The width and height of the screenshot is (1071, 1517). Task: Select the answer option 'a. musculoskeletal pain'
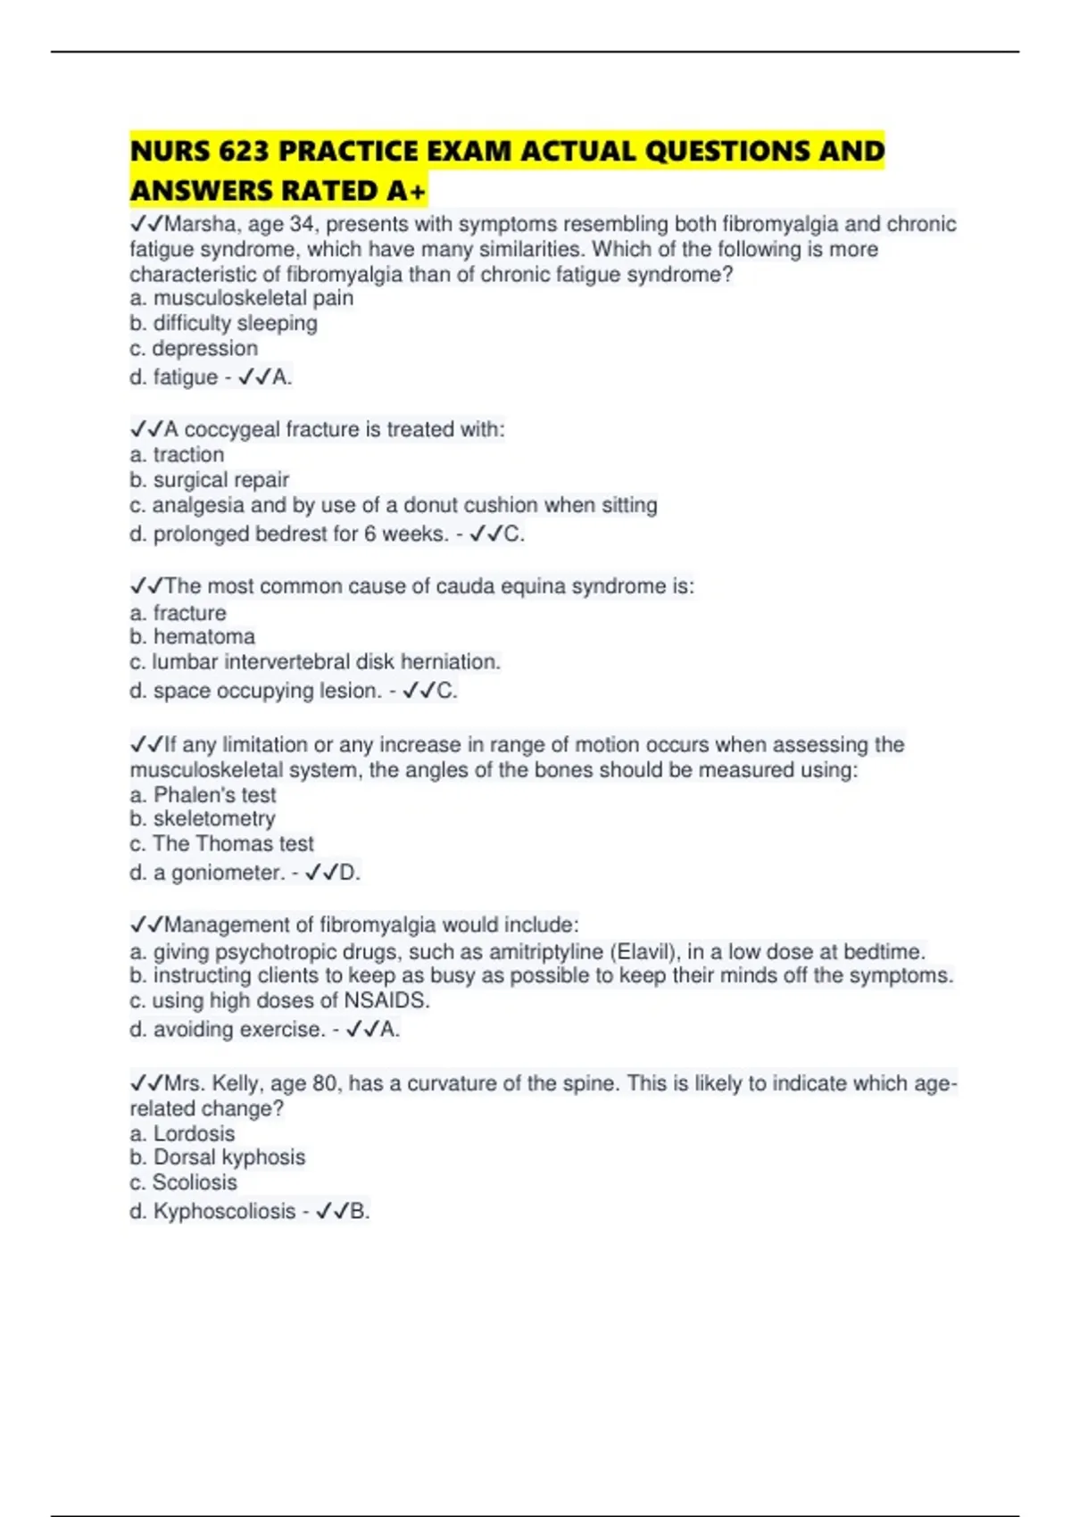[241, 298]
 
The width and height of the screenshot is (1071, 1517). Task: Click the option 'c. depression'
[194, 348]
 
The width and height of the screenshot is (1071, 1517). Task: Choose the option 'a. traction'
[177, 454]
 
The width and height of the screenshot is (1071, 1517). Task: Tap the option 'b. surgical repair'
[210, 480]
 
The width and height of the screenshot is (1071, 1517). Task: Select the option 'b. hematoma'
[192, 636]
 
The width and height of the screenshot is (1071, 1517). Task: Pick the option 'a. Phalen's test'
[203, 794]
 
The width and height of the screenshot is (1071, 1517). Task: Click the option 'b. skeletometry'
[203, 818]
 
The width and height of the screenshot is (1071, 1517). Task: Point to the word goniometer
[228, 873]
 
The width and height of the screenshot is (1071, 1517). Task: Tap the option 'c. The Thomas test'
[222, 843]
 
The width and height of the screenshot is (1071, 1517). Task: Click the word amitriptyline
[545, 951]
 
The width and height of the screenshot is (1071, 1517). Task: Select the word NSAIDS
[386, 1000]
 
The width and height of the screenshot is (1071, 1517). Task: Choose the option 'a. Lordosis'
[182, 1133]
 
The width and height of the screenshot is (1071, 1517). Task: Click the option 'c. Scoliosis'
[183, 1182]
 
